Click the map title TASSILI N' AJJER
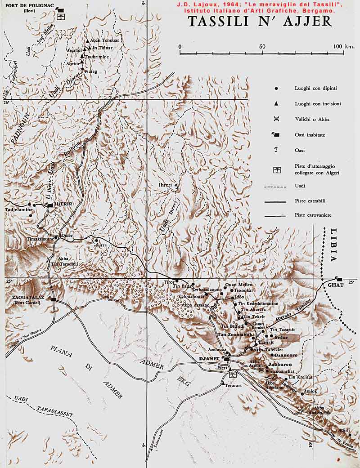260,22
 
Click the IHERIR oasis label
63,204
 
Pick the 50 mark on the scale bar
262,47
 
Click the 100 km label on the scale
344,47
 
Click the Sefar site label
280,337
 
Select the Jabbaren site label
280,364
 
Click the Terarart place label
234,385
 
